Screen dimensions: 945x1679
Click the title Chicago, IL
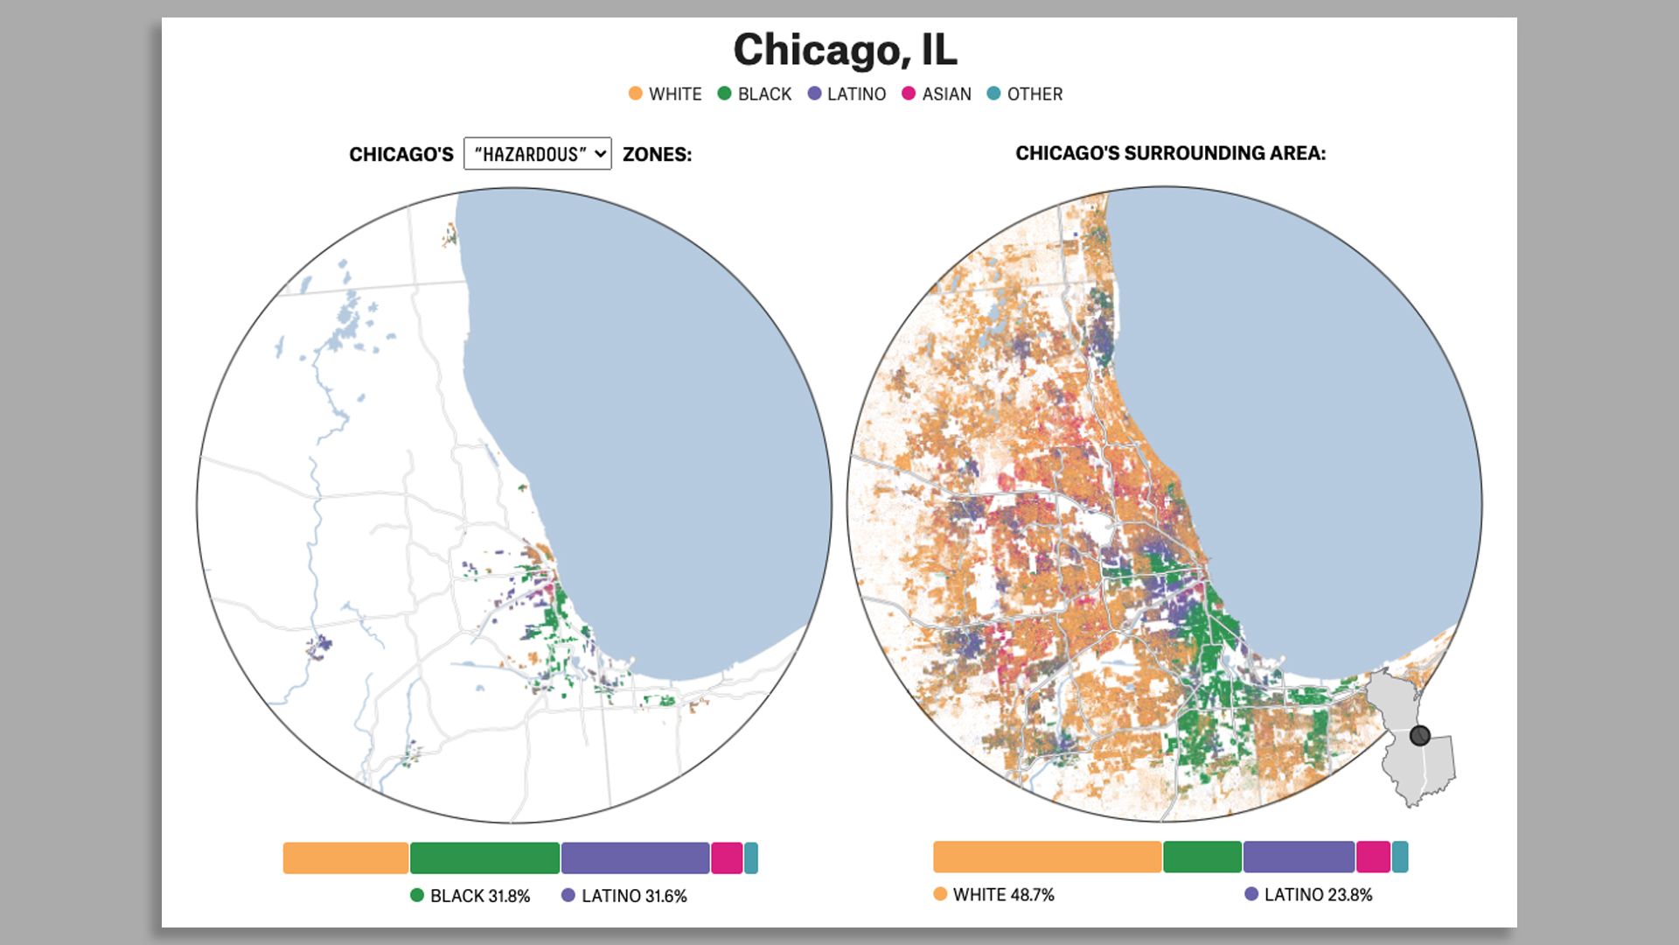pyautogui.click(x=845, y=50)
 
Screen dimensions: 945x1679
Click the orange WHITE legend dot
pyautogui.click(x=636, y=94)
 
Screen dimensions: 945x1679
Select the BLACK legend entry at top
pyautogui.click(x=754, y=94)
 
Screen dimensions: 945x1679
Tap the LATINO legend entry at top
pyautogui.click(x=846, y=94)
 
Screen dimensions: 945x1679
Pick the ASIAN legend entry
pyautogui.click(x=936, y=94)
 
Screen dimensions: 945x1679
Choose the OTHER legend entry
pyautogui.click(x=1025, y=94)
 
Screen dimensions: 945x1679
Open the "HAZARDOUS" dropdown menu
pyautogui.click(x=537, y=154)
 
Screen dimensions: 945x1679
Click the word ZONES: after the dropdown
pyautogui.click(x=657, y=155)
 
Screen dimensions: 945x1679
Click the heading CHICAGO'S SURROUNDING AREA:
pyautogui.click(x=1170, y=153)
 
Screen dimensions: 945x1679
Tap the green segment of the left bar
pyautogui.click(x=484, y=857)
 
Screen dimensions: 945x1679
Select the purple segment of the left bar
pyautogui.click(x=635, y=857)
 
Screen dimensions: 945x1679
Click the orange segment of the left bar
pyautogui.click(x=345, y=857)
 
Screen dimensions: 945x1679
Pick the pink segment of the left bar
pyautogui.click(x=727, y=857)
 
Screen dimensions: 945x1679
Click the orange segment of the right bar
pyautogui.click(x=1047, y=857)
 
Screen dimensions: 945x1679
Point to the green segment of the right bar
pyautogui.click(x=1202, y=857)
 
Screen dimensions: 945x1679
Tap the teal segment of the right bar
pyautogui.click(x=1400, y=857)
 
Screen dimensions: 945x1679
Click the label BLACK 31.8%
pyautogui.click(x=470, y=896)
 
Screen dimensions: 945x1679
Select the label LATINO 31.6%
pyautogui.click(x=624, y=896)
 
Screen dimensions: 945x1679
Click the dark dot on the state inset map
pyautogui.click(x=1420, y=736)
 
